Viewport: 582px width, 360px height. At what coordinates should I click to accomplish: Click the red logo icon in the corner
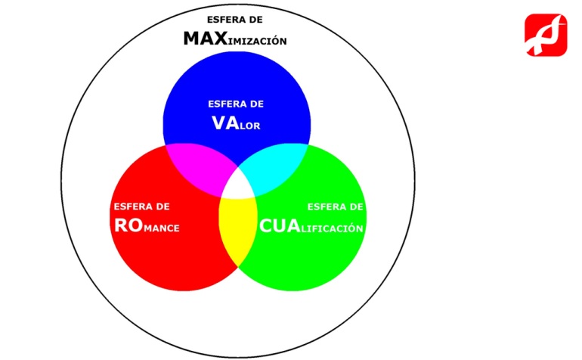click(546, 35)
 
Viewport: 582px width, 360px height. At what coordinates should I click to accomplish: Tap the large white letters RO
click(128, 225)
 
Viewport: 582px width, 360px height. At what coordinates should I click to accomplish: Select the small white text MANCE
click(162, 228)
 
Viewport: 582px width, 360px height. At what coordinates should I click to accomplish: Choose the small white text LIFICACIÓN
click(333, 228)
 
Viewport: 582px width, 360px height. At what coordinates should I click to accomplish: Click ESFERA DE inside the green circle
click(336, 206)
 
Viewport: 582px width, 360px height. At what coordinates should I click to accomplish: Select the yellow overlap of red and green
click(236, 227)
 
